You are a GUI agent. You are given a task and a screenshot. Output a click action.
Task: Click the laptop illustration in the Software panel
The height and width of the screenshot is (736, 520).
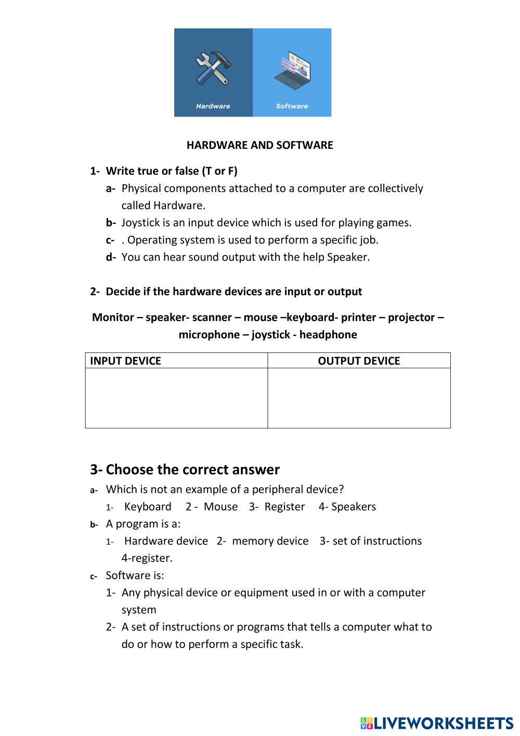[292, 70]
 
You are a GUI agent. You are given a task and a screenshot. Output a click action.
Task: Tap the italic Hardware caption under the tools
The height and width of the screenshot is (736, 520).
[213, 106]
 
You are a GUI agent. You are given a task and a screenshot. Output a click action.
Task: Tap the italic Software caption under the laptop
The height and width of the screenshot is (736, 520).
[292, 106]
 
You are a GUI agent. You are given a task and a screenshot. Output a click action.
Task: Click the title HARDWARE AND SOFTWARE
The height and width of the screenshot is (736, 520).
[259, 145]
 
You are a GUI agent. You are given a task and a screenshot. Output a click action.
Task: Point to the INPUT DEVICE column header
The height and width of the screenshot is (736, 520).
[125, 361]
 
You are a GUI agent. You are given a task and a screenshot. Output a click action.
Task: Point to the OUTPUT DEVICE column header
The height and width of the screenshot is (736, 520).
[359, 361]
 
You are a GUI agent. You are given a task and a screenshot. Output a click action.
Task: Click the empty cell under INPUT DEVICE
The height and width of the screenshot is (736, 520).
[176, 398]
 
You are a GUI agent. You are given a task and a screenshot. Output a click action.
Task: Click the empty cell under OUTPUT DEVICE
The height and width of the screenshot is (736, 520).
[359, 398]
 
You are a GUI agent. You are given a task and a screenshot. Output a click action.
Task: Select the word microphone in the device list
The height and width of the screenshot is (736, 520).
[208, 335]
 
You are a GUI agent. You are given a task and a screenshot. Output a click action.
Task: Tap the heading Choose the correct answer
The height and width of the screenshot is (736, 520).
[192, 469]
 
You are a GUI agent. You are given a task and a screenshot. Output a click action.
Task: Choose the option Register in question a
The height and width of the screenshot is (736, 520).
[284, 507]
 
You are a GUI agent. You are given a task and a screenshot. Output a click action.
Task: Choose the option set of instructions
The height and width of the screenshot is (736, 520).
[377, 541]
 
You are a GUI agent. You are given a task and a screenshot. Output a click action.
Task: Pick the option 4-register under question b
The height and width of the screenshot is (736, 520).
[147, 559]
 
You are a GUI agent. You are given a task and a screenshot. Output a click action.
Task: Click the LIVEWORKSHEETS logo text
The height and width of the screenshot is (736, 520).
[443, 723]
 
